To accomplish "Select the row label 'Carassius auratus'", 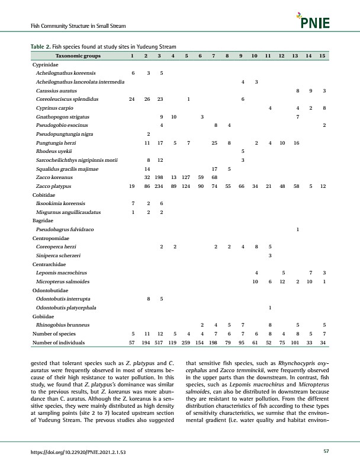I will coord(54,90).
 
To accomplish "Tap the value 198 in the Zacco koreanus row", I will coord(160,177).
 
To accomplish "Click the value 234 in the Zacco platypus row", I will coord(160,186).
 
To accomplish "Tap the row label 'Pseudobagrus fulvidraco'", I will coord(65,229).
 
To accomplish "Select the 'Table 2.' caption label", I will coord(40,46).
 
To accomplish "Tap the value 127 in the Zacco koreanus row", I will coord(187,177).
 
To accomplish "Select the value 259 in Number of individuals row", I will coord(187,343).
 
